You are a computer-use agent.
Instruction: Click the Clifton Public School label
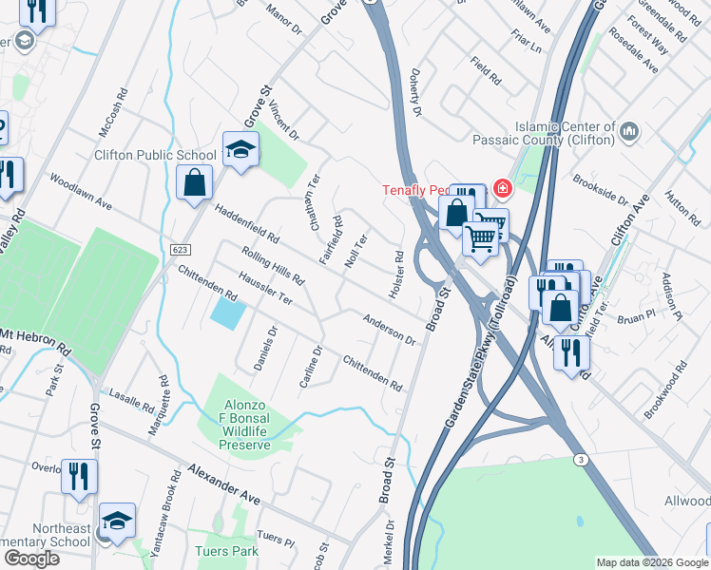155,155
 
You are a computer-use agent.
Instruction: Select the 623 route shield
179,249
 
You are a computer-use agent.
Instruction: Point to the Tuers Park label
226,551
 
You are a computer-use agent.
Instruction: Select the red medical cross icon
501,189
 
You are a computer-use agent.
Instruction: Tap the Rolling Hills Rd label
273,267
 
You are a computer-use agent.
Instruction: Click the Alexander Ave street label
223,484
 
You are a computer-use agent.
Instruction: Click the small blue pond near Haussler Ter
226,313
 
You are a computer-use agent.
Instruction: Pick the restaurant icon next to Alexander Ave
79,475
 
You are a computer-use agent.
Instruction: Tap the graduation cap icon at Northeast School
118,521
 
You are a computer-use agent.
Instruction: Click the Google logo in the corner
31,559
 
